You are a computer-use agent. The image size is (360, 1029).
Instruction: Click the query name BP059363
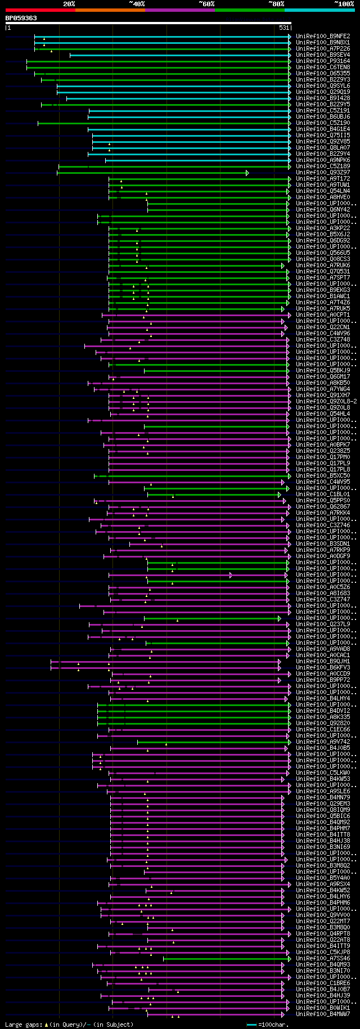(21, 19)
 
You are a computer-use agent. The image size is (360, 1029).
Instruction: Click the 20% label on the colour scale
(69, 4)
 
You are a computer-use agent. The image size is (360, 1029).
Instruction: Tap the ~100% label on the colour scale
(344, 4)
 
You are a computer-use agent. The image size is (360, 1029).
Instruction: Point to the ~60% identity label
(206, 4)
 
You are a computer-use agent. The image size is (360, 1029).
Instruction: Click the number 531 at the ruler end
(284, 28)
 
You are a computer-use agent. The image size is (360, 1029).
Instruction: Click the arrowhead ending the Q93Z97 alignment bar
(247, 173)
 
